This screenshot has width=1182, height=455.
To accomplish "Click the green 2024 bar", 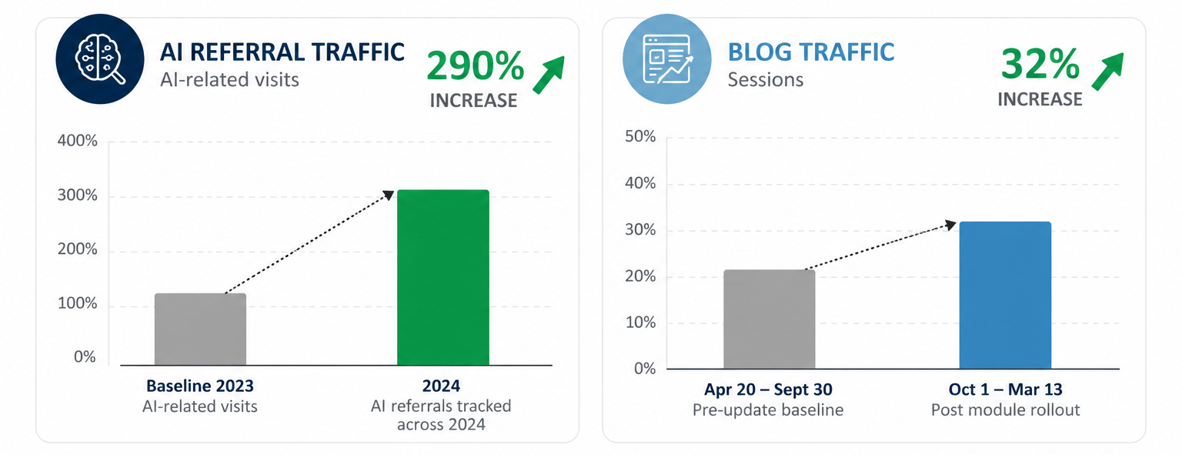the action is [x=442, y=277].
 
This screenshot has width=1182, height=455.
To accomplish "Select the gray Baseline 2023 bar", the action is [x=201, y=329].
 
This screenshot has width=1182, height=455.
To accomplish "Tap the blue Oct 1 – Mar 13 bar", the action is [x=1005, y=295].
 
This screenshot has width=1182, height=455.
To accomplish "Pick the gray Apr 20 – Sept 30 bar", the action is [x=770, y=319].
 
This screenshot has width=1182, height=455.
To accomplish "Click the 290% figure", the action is [x=476, y=66].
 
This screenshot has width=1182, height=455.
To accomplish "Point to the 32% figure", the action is [x=1040, y=65].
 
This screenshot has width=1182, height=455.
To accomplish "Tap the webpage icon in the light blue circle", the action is [x=667, y=59].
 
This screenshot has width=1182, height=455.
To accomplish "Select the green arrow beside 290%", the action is [x=549, y=75].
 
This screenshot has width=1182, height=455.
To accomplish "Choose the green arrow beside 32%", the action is [x=1107, y=72].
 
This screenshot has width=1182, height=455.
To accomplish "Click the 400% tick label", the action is [x=78, y=140].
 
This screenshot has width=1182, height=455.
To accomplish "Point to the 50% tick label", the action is [x=640, y=137].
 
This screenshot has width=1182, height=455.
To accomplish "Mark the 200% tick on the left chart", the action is [x=78, y=249].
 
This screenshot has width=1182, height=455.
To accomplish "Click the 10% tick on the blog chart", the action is [x=640, y=323].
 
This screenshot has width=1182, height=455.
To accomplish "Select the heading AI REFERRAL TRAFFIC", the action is [x=282, y=52].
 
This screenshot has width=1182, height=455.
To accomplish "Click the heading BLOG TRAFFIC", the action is [x=811, y=52].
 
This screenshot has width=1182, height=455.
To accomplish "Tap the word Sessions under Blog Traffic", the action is [x=766, y=80].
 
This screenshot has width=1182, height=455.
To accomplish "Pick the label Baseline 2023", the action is [x=200, y=386].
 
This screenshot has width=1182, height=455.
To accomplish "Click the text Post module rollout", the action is [x=1005, y=410].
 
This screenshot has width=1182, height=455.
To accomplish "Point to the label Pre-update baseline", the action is [x=768, y=410].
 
